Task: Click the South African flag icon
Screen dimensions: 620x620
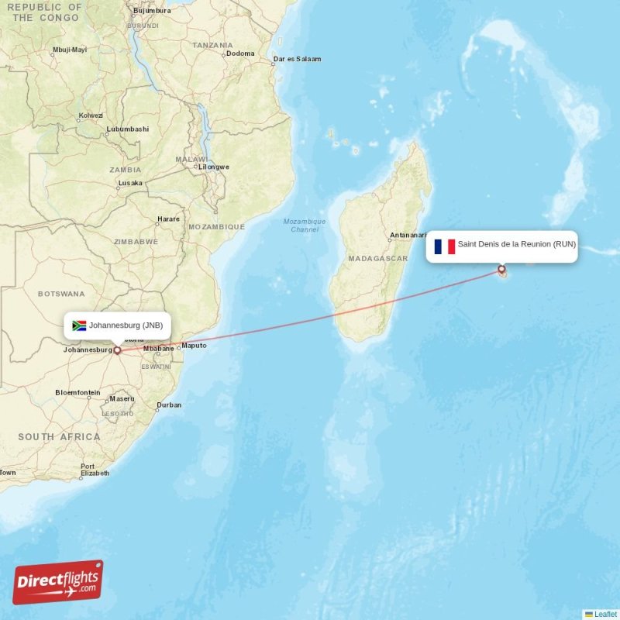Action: [x=79, y=325]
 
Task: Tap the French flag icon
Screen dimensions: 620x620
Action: [x=445, y=246]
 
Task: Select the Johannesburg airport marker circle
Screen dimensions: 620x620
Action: [x=118, y=350]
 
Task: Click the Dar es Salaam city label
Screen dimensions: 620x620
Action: [x=297, y=59]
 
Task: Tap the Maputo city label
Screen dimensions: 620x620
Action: [x=194, y=346]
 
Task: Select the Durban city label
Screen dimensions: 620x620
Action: [x=169, y=405]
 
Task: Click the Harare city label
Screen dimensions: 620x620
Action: [x=168, y=219]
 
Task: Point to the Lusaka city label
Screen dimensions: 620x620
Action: [x=130, y=183]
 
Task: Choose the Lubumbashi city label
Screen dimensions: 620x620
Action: [x=127, y=129]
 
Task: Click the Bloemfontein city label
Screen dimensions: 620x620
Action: [x=77, y=393]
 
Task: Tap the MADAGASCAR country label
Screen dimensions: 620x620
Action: [x=378, y=258]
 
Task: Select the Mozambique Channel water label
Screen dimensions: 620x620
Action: [x=305, y=226]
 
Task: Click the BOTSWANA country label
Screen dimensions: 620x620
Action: [x=61, y=294]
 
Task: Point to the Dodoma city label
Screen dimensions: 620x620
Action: [x=240, y=53]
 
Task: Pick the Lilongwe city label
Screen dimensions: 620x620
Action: [x=214, y=167]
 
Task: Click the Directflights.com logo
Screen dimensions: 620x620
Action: [x=58, y=582]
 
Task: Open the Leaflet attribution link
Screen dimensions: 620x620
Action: [x=605, y=614]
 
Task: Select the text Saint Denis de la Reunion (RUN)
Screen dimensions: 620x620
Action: [x=516, y=244]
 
